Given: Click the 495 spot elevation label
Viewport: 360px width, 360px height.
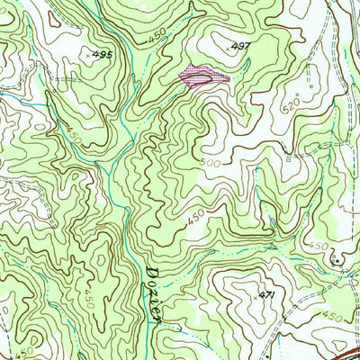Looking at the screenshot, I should pyautogui.click(x=102, y=55).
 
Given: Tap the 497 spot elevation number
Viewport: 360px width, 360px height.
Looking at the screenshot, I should pyautogui.click(x=239, y=45).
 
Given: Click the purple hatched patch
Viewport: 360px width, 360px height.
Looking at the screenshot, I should pyautogui.click(x=202, y=76).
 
